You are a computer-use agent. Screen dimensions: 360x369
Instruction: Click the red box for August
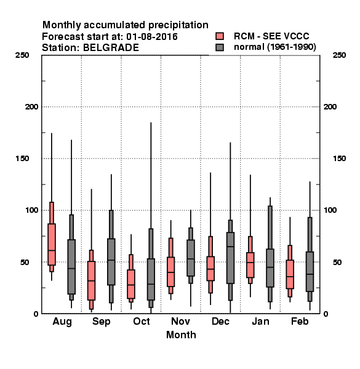pyautogui.click(x=52, y=244)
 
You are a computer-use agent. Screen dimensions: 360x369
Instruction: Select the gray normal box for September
pyautogui.click(x=111, y=262)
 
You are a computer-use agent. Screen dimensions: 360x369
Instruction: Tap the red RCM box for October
pyautogui.click(x=131, y=284)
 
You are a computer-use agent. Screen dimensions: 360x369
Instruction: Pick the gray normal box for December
pyautogui.click(x=230, y=258)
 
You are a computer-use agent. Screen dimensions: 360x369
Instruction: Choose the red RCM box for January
pyautogui.click(x=250, y=265)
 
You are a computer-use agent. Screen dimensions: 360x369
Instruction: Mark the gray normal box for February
pyautogui.click(x=310, y=272)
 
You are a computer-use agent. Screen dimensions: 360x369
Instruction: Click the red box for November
pyautogui.click(x=170, y=272)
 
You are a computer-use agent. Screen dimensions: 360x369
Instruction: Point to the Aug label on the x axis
pyautogui.click(x=62, y=322)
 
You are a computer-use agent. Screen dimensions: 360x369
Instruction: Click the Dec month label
pyautogui.click(x=220, y=321)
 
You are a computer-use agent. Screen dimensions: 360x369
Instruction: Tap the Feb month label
pyautogui.click(x=300, y=321)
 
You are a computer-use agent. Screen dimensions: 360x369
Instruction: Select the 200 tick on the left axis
pyautogui.click(x=31, y=107)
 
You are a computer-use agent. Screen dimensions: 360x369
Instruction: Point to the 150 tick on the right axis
pyautogui.click(x=339, y=159)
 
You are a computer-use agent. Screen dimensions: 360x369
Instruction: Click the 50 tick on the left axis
pyautogui.click(x=25, y=262)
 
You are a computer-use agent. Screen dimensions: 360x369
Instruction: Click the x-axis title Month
pyautogui.click(x=181, y=335)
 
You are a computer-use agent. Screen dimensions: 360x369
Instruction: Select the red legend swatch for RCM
pyautogui.click(x=220, y=36)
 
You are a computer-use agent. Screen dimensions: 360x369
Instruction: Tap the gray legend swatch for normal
pyautogui.click(x=220, y=47)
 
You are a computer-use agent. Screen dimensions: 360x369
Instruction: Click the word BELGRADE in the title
pyautogui.click(x=111, y=48)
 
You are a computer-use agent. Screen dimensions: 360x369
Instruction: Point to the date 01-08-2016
pyautogui.click(x=152, y=37)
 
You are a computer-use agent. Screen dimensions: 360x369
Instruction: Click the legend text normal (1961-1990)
pyautogui.click(x=275, y=47)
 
